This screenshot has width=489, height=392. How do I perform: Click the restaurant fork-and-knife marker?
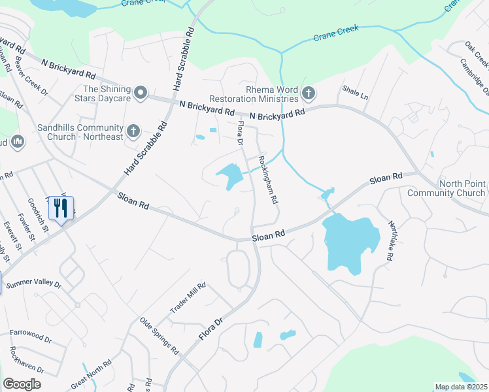[61, 208]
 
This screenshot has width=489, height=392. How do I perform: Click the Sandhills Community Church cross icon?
[133, 131]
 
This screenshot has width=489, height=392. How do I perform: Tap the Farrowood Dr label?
[30, 336]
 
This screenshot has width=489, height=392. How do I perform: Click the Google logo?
[22, 384]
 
